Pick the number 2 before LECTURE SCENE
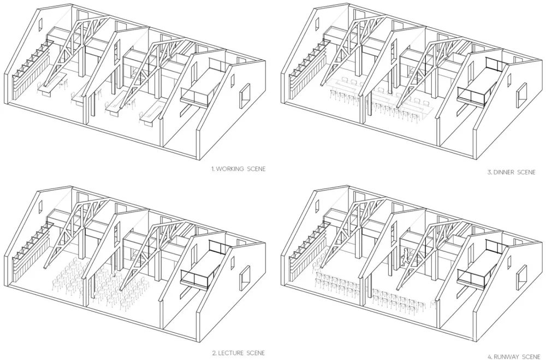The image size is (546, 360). click(x=214, y=353)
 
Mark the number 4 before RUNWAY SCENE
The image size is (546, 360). click(x=489, y=357)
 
